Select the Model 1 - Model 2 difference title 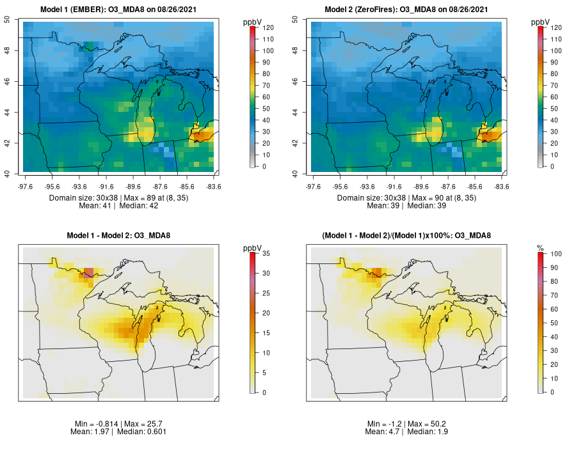(119, 236)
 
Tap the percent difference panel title (407, 236)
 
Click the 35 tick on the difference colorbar (265, 254)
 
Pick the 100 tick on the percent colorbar (554, 254)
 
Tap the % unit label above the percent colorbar (540, 247)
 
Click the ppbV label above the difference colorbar (252, 247)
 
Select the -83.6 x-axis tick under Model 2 (501, 187)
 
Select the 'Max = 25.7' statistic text (141, 424)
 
